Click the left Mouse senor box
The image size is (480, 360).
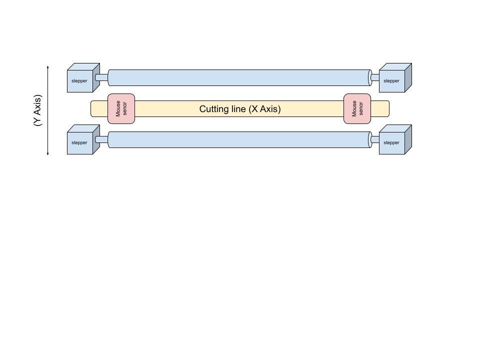tap(121, 108)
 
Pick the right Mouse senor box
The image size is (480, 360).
tap(357, 108)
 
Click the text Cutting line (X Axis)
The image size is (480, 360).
tap(240, 109)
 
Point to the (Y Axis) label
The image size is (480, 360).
tap(37, 110)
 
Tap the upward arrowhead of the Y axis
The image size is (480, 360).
tap(48, 66)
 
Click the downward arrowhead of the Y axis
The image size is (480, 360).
tap(48, 153)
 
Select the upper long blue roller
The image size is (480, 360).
tap(239, 77)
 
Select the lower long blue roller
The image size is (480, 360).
tap(239, 139)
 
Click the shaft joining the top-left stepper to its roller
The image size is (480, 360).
tap(101, 77)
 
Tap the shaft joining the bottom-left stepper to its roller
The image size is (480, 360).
tap(101, 139)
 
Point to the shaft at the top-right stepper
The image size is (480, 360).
tap(375, 77)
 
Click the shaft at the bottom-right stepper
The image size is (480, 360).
tap(375, 139)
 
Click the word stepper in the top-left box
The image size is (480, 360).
tap(79, 81)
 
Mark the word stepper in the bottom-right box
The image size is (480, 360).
tap(391, 143)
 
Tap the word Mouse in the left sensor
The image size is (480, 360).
tap(118, 108)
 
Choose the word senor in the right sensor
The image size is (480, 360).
tap(361, 108)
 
